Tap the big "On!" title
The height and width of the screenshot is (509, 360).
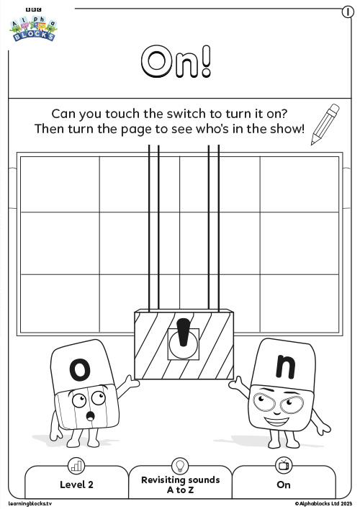pos(176,61)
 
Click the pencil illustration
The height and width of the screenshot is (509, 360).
pos(325,124)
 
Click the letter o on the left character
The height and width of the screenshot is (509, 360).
pos(80,369)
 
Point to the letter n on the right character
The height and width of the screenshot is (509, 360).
pos(286,367)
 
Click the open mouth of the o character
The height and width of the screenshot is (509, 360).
pos(90,415)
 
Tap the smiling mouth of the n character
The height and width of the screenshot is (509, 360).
pos(276,422)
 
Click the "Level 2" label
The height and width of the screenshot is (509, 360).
pos(76,485)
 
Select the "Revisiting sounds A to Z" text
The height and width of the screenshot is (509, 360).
pos(181,485)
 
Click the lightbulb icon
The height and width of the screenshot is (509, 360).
pos(180,465)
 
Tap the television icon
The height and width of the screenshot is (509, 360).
pos(284,465)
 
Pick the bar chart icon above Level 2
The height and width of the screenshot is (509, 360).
pos(76,466)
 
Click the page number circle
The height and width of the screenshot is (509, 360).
pos(348,12)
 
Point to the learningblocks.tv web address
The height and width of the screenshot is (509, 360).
pos(30,503)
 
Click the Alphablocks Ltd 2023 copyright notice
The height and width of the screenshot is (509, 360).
pos(323,503)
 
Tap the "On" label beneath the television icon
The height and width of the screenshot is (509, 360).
pos(284,485)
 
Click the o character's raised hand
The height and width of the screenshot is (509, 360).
pos(132,382)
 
